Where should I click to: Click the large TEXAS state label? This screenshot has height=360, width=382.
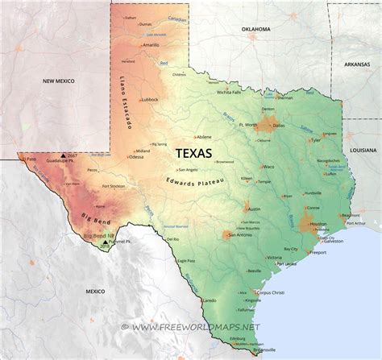(x=194, y=151)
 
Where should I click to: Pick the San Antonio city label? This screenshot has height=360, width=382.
(x=243, y=235)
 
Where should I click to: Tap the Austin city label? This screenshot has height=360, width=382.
(x=254, y=209)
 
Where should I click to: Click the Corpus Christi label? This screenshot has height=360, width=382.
(x=272, y=293)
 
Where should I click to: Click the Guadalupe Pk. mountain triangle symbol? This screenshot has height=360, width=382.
(x=62, y=155)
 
